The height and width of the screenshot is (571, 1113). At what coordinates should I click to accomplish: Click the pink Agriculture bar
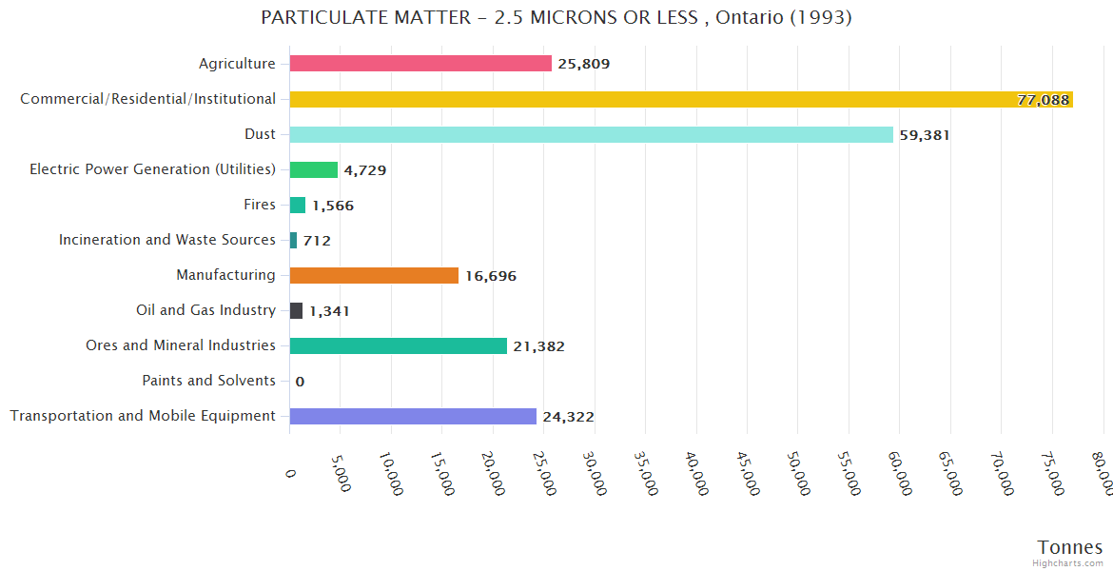[x=420, y=64]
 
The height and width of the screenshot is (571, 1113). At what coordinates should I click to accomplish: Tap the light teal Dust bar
[x=591, y=134]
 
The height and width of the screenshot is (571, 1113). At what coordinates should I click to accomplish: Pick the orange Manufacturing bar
[x=374, y=275]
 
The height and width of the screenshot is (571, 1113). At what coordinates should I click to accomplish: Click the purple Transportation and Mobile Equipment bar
[x=413, y=416]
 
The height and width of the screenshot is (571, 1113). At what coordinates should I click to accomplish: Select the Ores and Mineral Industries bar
[x=398, y=345]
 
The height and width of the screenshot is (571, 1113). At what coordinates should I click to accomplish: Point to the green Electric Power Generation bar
[x=314, y=169]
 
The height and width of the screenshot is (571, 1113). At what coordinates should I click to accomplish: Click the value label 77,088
[x=1044, y=100]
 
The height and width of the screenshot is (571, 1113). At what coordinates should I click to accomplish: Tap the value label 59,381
[x=925, y=135]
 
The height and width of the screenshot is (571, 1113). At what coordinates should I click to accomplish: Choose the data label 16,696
[x=491, y=276]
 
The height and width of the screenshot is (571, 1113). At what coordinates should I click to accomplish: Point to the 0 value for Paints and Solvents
[x=300, y=382]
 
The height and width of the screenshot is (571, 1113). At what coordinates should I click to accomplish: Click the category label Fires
[x=260, y=205]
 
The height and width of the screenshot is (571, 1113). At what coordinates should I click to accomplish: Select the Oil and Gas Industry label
[x=206, y=310]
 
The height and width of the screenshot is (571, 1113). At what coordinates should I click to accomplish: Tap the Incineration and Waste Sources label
[x=167, y=240]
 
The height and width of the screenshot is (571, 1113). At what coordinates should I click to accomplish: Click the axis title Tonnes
[x=1070, y=547]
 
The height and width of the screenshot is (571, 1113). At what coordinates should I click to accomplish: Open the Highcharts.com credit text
[x=1068, y=563]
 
